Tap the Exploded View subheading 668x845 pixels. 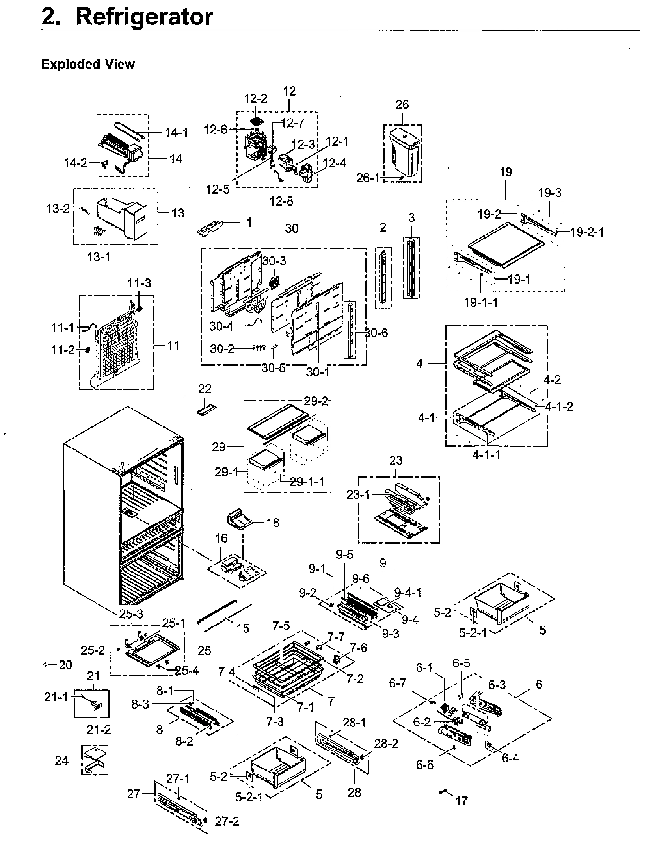(x=88, y=64)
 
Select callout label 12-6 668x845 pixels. (x=216, y=130)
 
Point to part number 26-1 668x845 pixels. (x=368, y=178)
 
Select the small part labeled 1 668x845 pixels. (x=211, y=228)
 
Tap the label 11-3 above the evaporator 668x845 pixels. (x=139, y=283)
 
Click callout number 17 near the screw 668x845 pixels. (x=461, y=801)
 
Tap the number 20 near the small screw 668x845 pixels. (x=65, y=665)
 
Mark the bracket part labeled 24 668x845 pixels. (x=95, y=760)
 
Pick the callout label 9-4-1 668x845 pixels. (x=407, y=592)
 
